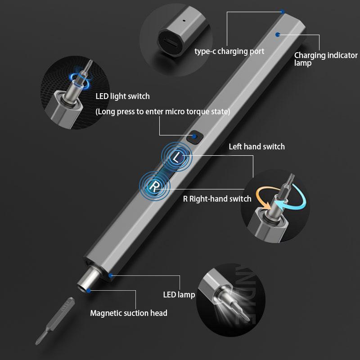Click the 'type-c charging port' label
click(x=229, y=51)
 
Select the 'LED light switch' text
click(x=122, y=96)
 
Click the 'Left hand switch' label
click(x=256, y=147)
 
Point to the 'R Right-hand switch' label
click(x=217, y=199)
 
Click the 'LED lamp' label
click(x=179, y=295)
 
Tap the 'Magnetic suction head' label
click(x=129, y=313)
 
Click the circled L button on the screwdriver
click(x=177, y=157)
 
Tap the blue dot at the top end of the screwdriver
click(x=282, y=12)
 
